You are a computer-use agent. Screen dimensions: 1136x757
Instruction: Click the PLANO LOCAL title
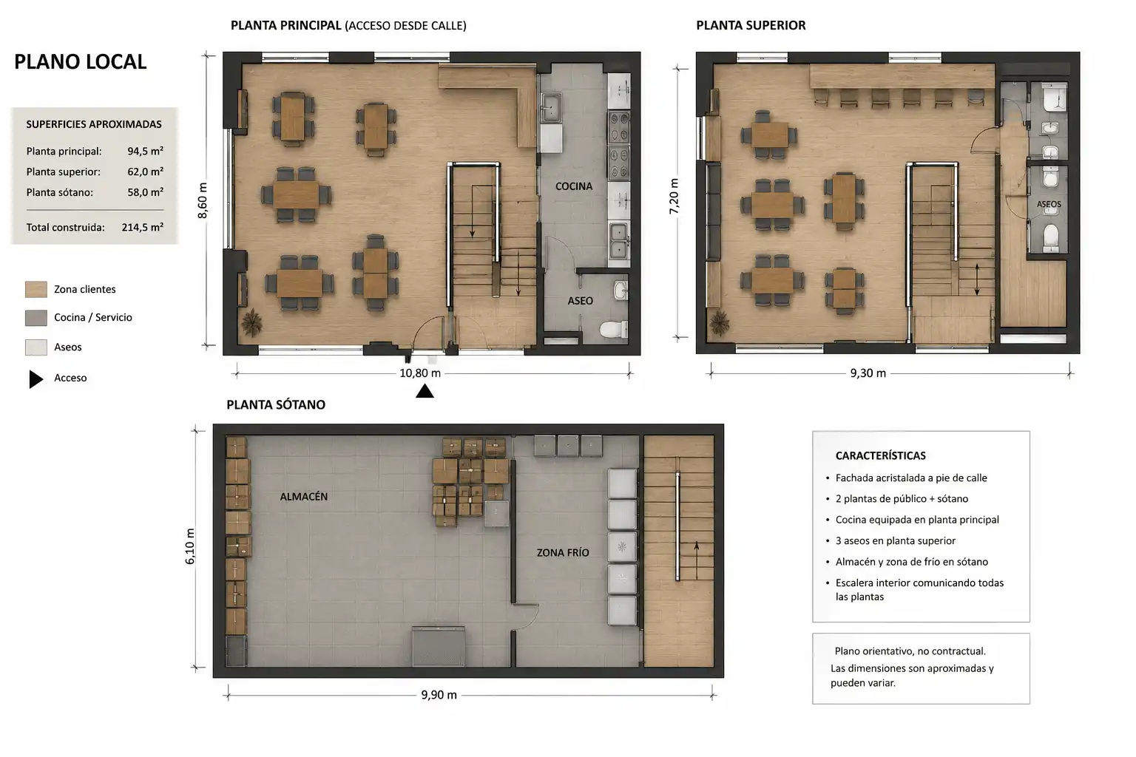80,62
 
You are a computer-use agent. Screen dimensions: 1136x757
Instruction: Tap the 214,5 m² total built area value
143,227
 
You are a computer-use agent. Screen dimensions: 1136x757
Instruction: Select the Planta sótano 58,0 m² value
146,192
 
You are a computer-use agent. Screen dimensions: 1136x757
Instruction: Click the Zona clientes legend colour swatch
36,290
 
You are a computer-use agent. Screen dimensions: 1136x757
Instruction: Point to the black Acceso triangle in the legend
36,379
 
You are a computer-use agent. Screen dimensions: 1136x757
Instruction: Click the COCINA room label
574,186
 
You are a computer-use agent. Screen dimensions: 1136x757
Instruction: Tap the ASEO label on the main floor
580,301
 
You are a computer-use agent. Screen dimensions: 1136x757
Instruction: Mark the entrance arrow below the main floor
425,391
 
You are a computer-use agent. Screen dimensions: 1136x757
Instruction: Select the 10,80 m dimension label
420,373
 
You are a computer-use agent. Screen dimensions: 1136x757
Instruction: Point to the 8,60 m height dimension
203,200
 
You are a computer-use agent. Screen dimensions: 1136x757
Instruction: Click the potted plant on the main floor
251,322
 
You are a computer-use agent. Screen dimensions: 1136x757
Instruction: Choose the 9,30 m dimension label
868,373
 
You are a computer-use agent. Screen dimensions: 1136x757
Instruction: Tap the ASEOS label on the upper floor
1049,204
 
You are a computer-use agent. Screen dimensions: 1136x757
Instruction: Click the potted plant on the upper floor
719,322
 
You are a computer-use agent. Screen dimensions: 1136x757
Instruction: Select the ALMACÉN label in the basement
304,497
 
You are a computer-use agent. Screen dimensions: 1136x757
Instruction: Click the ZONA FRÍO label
563,553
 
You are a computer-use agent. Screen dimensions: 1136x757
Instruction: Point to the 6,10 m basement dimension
189,546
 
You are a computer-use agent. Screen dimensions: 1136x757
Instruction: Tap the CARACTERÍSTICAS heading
880,456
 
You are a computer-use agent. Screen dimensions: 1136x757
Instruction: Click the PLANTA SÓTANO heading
276,404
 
